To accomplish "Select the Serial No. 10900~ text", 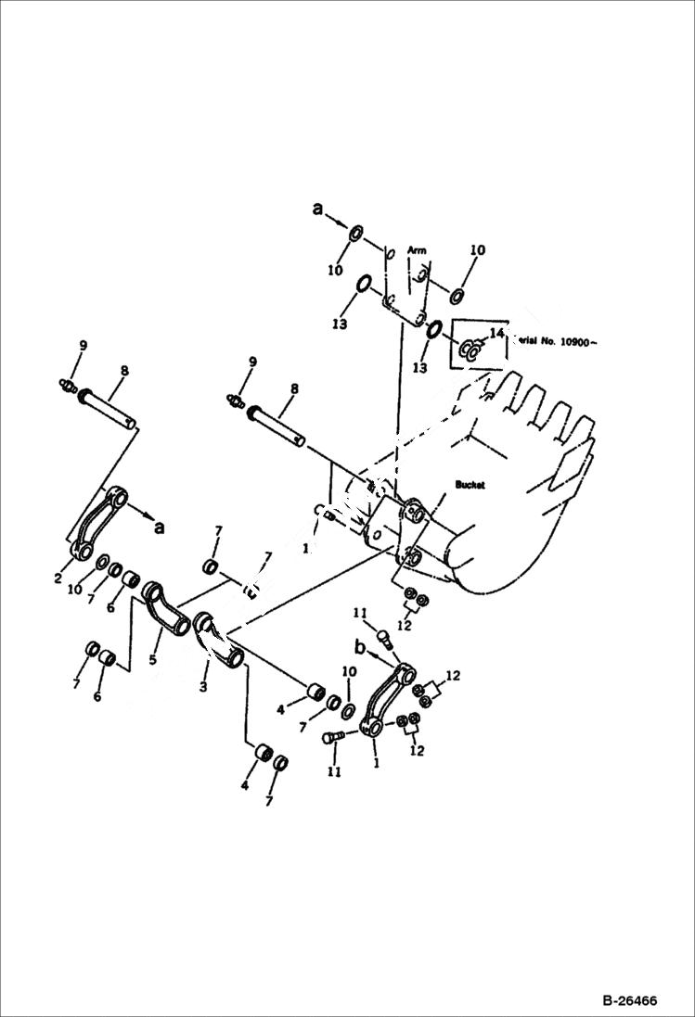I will click(x=551, y=342).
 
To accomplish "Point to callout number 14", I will click(x=496, y=333).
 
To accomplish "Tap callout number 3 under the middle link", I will click(x=202, y=687).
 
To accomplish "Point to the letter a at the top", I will click(x=318, y=210).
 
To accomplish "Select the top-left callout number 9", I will click(x=82, y=346).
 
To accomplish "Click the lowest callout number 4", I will click(x=246, y=785).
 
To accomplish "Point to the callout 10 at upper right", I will click(x=477, y=250).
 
